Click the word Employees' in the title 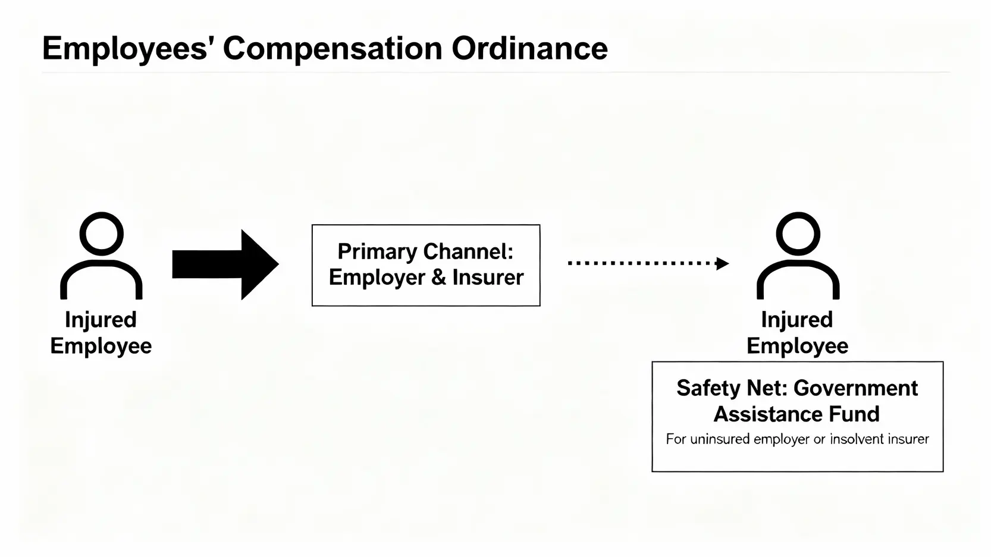click(124, 49)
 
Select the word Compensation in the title click(332, 49)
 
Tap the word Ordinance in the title click(529, 49)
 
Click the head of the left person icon click(102, 234)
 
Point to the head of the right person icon click(798, 234)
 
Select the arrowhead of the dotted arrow click(722, 263)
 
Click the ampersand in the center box click(438, 278)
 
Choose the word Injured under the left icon click(101, 320)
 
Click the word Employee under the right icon click(797, 346)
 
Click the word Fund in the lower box click(856, 414)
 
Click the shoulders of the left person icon click(101, 279)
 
